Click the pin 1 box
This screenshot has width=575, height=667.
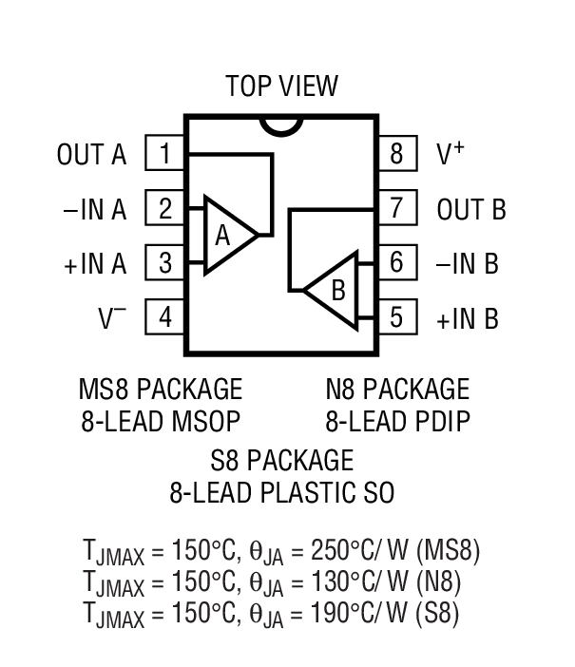coord(165,153)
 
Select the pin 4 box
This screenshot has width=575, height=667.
coord(165,317)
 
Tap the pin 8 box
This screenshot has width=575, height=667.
coord(396,153)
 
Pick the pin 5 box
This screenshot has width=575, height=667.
coord(396,315)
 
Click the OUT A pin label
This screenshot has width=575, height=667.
coord(91,155)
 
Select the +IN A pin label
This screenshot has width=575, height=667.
coord(95,264)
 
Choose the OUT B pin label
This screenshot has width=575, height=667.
coord(471,209)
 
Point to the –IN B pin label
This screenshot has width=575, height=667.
coord(468,263)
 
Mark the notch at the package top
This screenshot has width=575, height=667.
coord(281,124)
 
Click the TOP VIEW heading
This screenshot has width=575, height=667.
coord(281,86)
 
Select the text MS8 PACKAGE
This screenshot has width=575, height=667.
coord(161,390)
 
